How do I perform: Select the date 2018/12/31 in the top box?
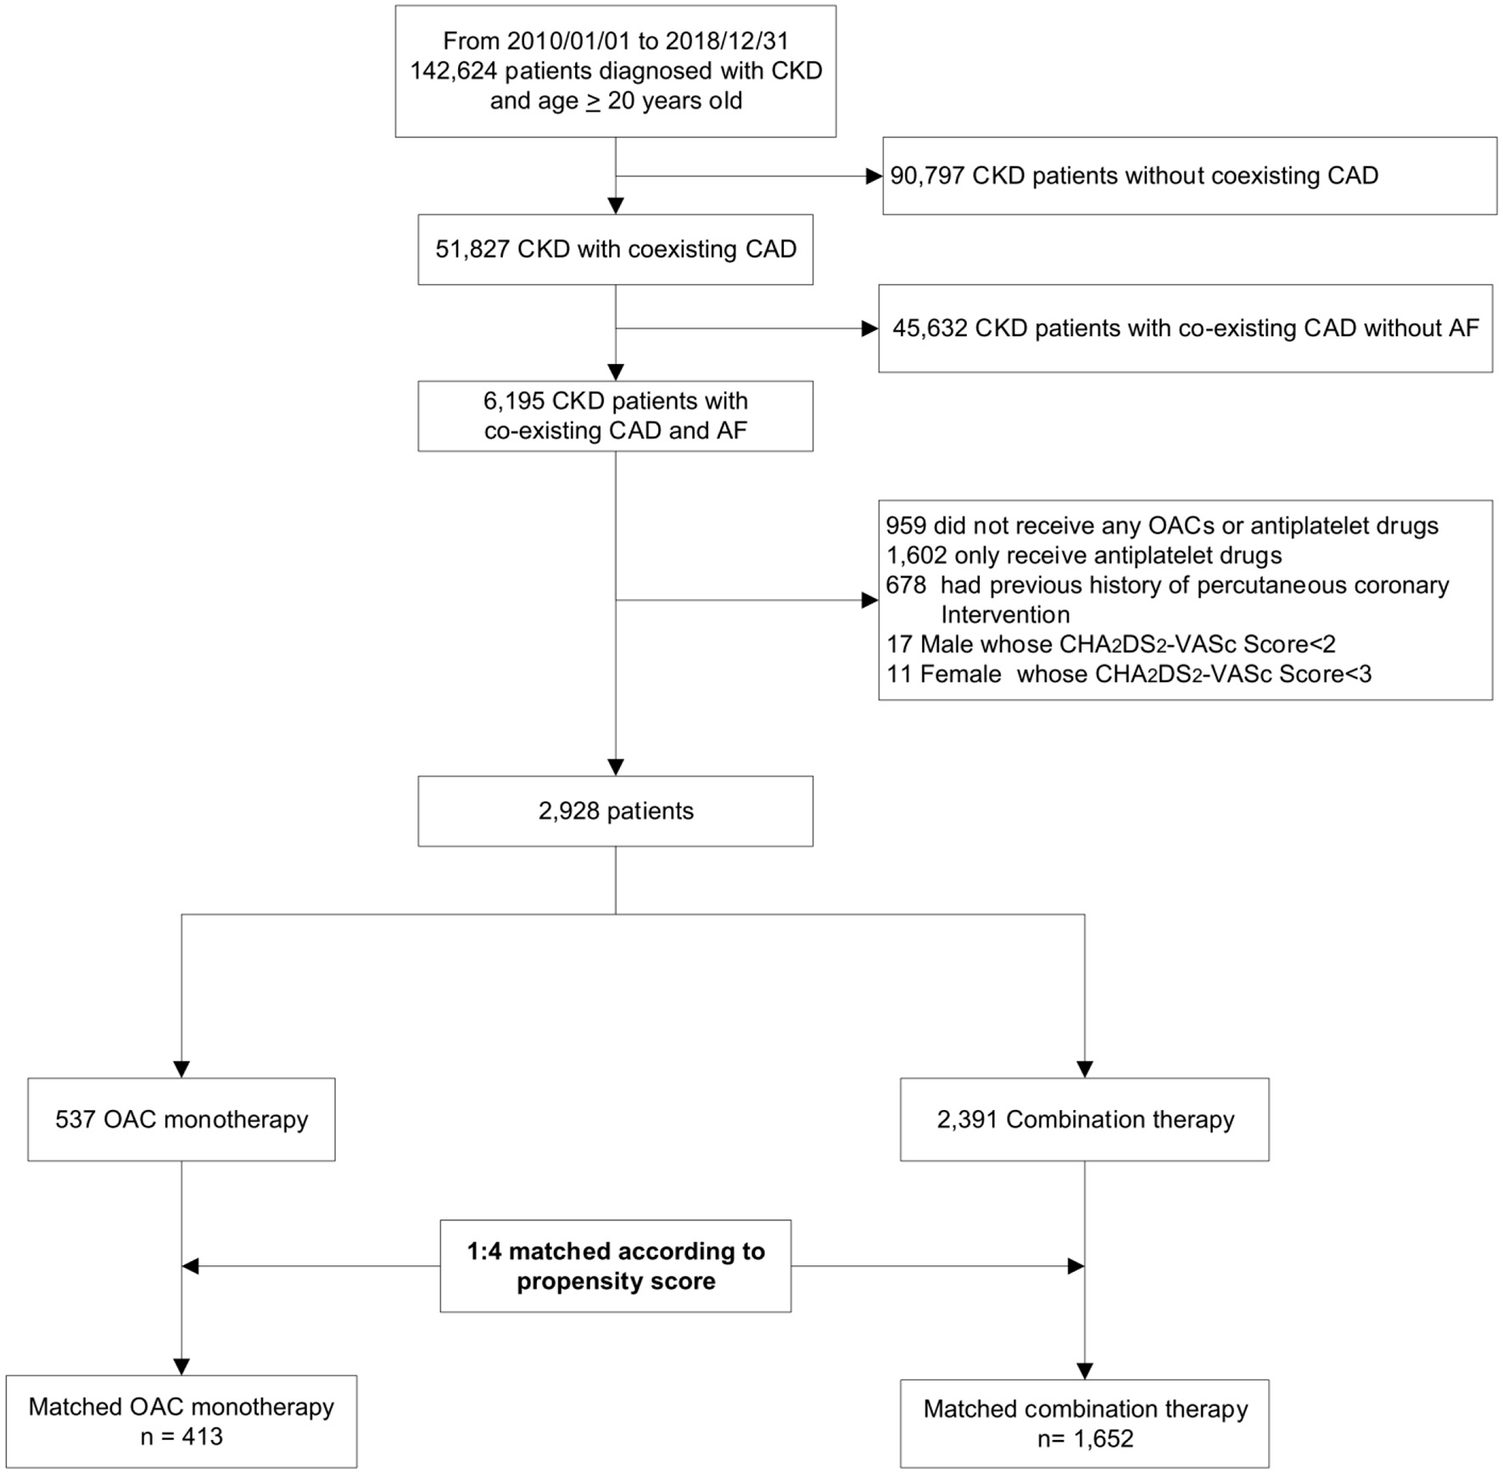[x=727, y=41]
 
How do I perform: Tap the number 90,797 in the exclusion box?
[x=927, y=176]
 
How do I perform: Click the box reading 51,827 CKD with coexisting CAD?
[x=615, y=249]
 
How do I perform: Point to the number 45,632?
[x=930, y=328]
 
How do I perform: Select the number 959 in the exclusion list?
[x=905, y=526]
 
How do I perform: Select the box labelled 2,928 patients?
[x=615, y=811]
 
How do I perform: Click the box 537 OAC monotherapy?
[x=181, y=1119]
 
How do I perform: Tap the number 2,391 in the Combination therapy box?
[x=967, y=1119]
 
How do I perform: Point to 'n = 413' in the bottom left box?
[x=181, y=1437]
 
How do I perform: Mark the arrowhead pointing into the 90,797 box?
[x=874, y=177]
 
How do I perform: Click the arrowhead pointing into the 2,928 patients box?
[x=616, y=766]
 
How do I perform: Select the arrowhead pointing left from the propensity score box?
[x=191, y=1266]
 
